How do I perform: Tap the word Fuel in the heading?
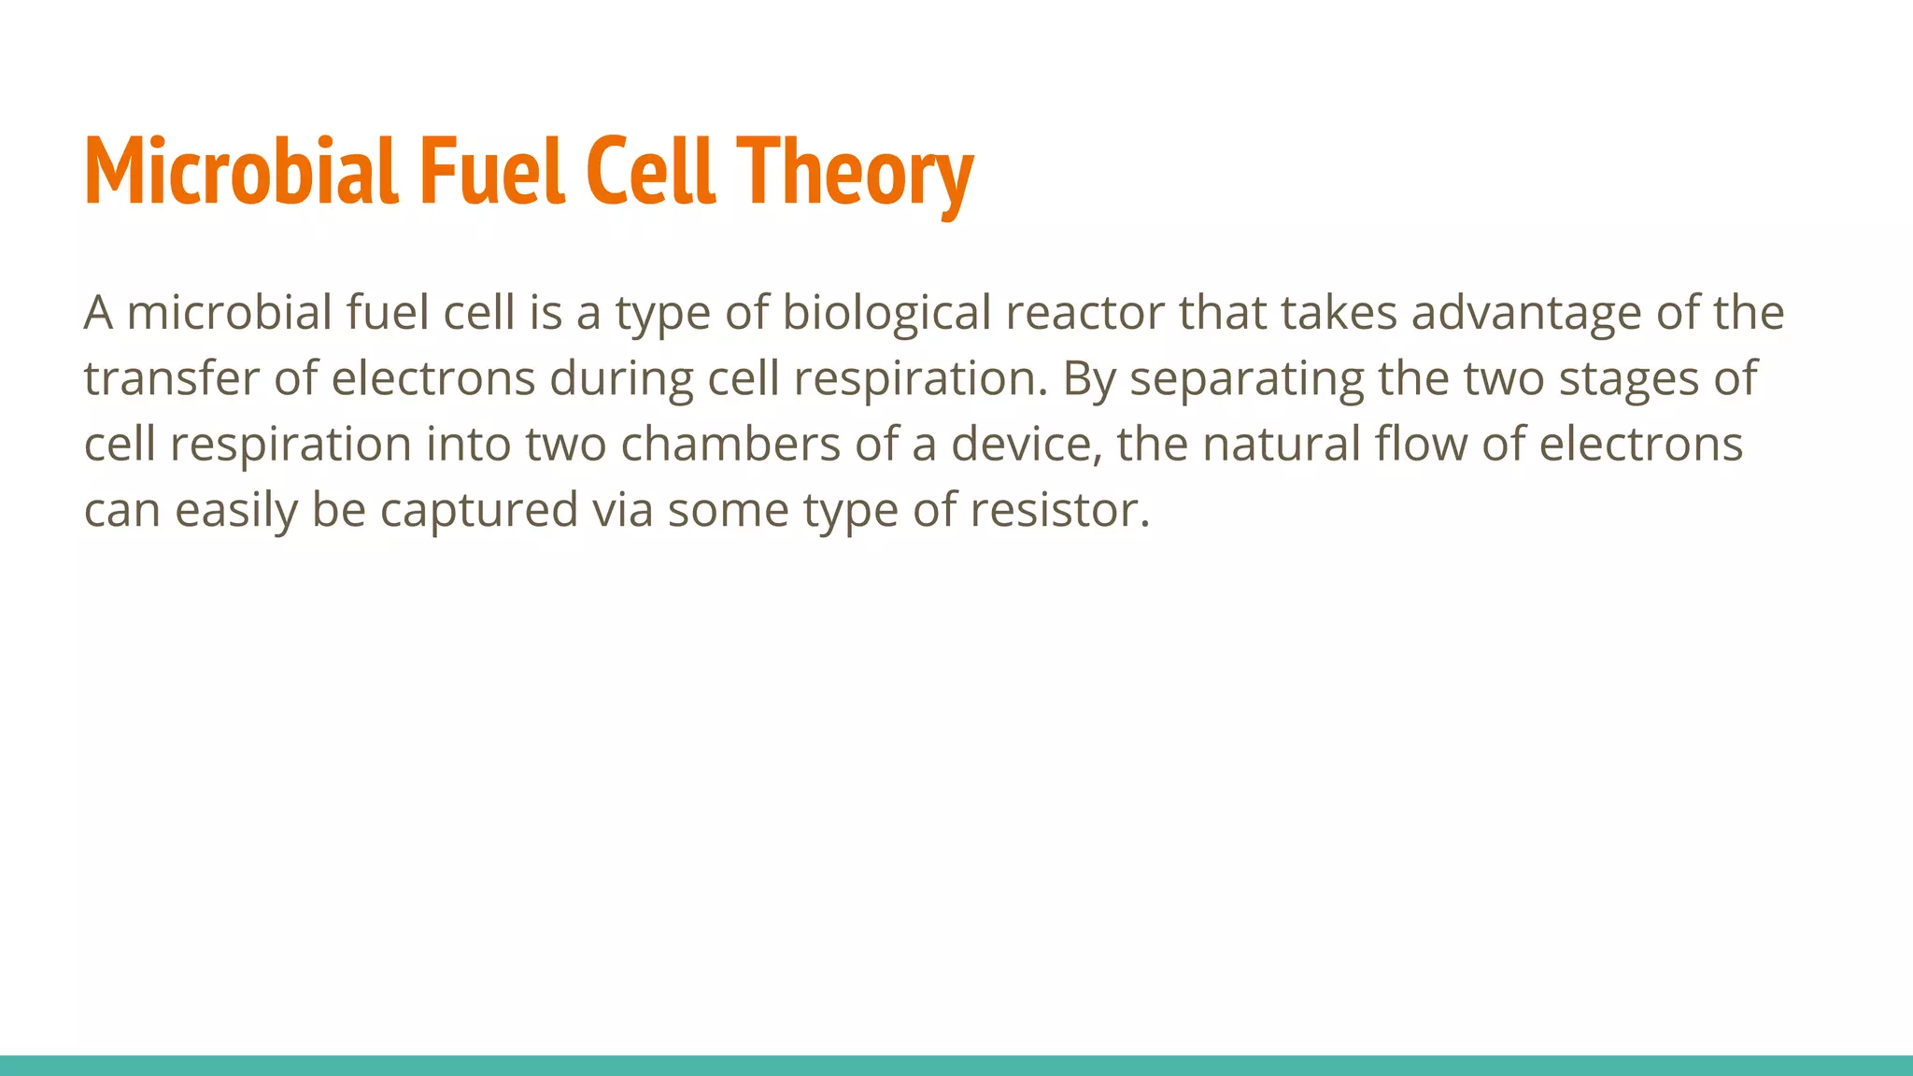[491, 172]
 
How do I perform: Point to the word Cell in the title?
[650, 172]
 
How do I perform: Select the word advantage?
[1525, 313]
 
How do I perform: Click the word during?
[620, 378]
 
